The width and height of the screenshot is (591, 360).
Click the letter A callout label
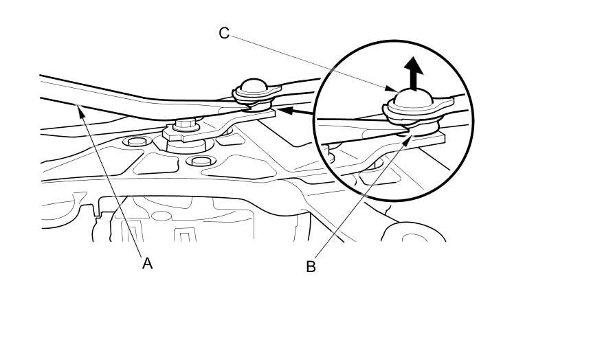(146, 263)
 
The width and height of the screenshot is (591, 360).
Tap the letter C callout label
(224, 33)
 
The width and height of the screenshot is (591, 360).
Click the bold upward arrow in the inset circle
(413, 73)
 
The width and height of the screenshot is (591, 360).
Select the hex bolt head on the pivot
(184, 126)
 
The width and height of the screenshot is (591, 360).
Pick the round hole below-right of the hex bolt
(199, 161)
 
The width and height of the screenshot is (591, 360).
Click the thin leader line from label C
(309, 62)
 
